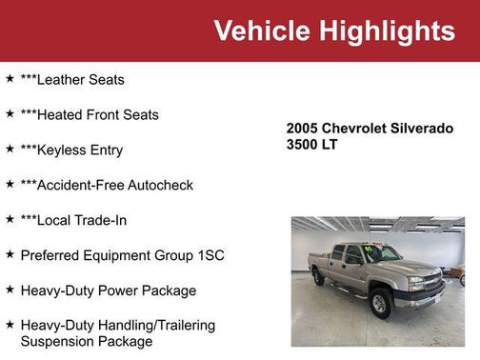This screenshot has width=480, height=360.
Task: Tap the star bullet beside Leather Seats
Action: click(10, 79)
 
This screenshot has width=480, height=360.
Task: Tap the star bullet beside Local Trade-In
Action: click(10, 219)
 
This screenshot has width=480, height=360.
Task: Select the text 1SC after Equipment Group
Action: click(208, 255)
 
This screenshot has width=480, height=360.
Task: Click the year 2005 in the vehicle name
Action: click(303, 128)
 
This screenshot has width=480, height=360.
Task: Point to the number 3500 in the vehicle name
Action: click(303, 144)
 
